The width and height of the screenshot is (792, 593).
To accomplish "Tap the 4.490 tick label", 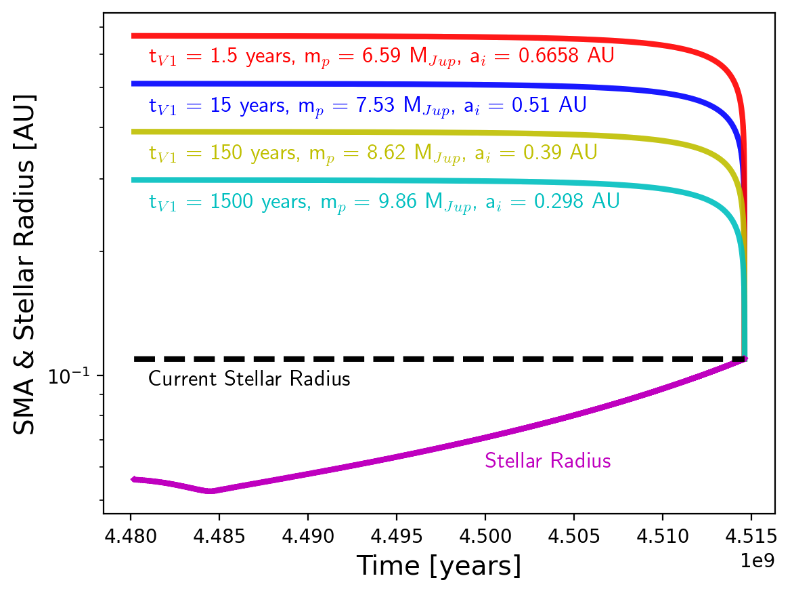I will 308,537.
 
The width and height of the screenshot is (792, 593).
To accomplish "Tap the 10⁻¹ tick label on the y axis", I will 70,373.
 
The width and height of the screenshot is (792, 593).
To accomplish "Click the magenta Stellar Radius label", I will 548,461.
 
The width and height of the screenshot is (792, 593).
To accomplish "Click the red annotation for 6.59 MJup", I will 382,56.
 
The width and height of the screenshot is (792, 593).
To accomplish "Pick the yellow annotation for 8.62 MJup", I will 373,152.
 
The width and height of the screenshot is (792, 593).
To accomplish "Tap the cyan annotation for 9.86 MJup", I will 384,201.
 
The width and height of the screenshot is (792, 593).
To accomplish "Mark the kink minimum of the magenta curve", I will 211,491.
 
